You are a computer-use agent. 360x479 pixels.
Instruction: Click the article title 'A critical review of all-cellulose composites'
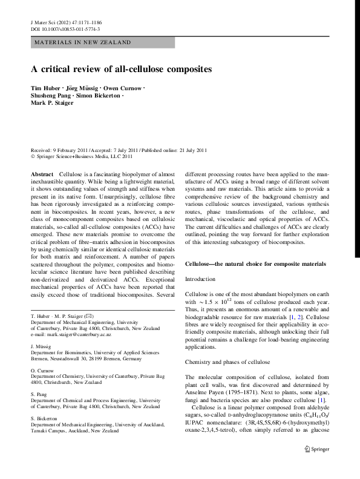tap(121, 69)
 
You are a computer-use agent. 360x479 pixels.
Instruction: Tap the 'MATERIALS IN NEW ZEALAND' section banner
tap(82, 42)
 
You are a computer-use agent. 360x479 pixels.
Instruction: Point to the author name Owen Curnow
tap(122, 88)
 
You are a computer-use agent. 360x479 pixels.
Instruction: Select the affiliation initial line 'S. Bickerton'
tap(45, 418)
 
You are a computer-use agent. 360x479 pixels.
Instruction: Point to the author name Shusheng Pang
tap(50, 96)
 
